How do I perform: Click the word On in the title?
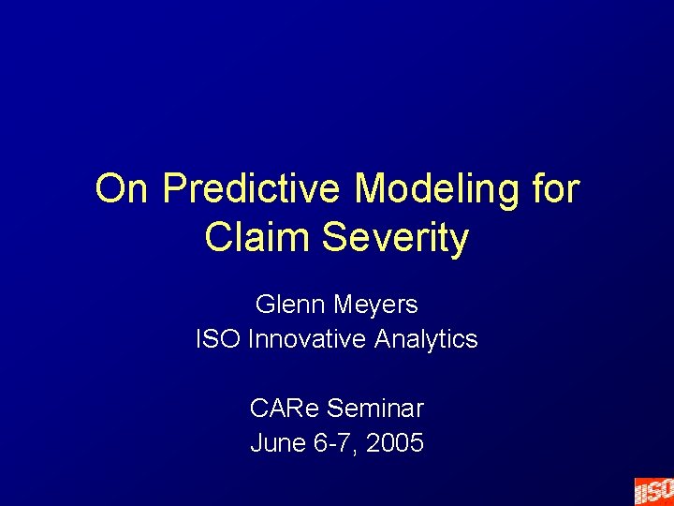123,189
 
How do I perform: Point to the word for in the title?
555,189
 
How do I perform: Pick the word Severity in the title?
395,237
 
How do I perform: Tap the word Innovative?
308,338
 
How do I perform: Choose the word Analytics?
426,338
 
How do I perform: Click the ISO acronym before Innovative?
218,338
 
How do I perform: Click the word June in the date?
275,442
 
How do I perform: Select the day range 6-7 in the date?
332,442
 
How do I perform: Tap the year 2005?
395,442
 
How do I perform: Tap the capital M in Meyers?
339,305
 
